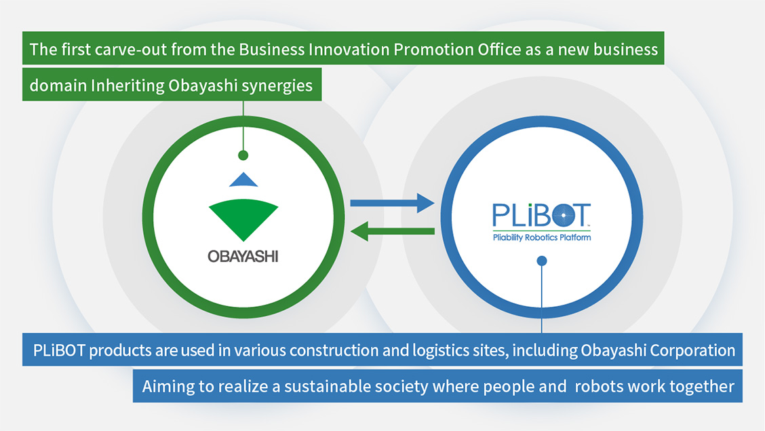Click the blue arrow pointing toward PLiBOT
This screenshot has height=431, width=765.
pyautogui.click(x=392, y=203)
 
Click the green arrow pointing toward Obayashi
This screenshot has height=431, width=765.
pyautogui.click(x=392, y=231)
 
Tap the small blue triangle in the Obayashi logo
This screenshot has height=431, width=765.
pyautogui.click(x=243, y=180)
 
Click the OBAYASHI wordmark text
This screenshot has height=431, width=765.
pyautogui.click(x=243, y=257)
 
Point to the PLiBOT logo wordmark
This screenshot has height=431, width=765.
pyautogui.click(x=542, y=215)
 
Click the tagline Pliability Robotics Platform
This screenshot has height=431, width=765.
pyautogui.click(x=542, y=238)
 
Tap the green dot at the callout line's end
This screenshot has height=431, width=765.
pyautogui.click(x=243, y=155)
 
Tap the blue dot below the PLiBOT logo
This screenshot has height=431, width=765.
pyautogui.click(x=542, y=261)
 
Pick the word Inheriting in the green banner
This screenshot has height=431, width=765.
pyautogui.click(x=127, y=86)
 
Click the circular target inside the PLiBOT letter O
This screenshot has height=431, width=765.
pyautogui.click(x=564, y=215)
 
